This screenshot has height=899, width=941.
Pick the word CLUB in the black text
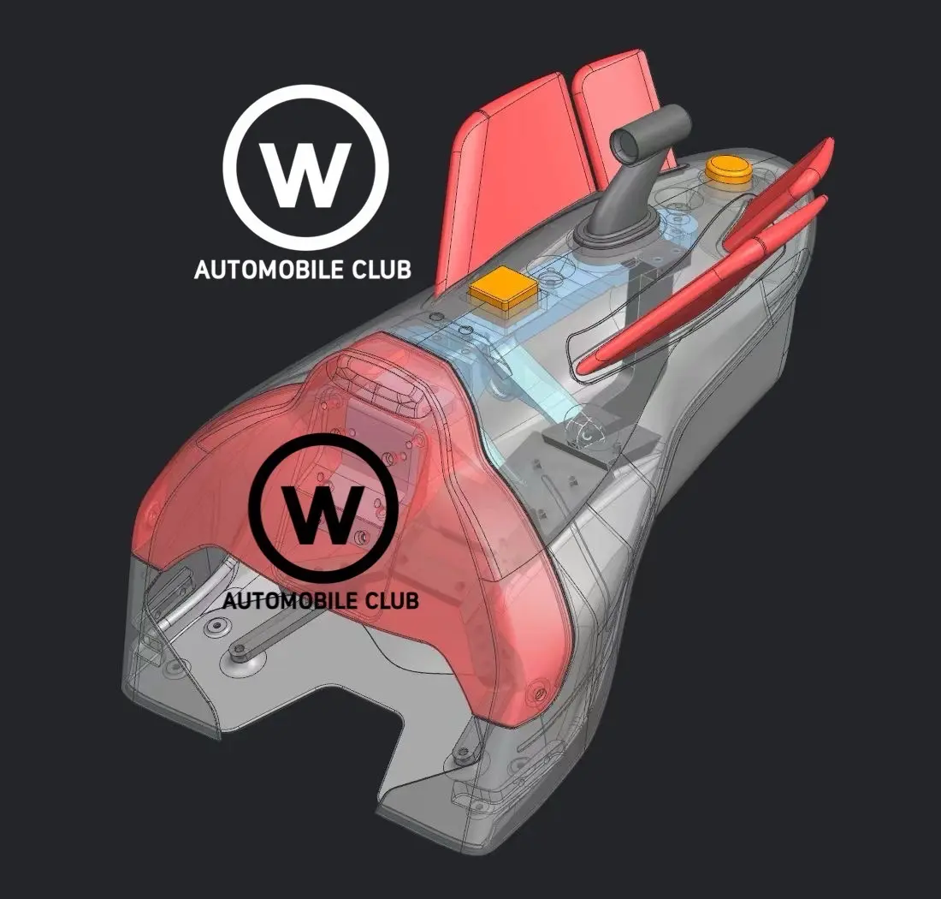(391, 600)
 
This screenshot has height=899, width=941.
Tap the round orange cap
(727, 170)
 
